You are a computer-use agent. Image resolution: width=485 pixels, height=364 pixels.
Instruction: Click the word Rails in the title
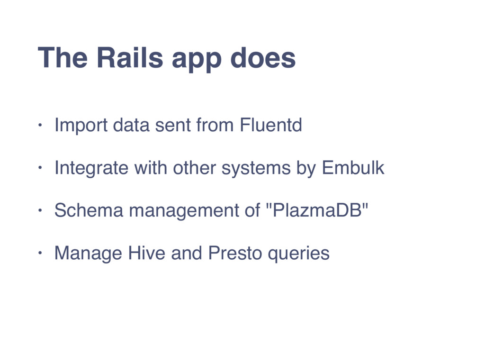click(x=130, y=57)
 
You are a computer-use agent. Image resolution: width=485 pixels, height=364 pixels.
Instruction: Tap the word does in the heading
click(x=263, y=57)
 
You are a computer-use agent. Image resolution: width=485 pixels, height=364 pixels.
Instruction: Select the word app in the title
click(x=197, y=60)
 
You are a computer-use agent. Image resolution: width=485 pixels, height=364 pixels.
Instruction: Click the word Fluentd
click(x=271, y=125)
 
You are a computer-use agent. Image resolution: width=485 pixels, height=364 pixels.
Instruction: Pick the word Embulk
click(x=353, y=167)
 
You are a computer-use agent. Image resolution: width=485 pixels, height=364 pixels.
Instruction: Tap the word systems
click(x=256, y=169)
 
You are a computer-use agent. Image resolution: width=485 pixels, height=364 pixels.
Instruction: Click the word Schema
click(x=89, y=210)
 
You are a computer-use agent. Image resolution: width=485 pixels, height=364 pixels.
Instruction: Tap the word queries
click(x=298, y=255)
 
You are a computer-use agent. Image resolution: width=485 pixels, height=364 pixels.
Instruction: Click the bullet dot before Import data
click(x=40, y=125)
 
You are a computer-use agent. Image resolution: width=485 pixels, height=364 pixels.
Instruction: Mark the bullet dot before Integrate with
click(x=40, y=168)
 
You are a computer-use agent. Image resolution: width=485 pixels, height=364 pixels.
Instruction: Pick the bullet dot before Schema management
click(x=40, y=210)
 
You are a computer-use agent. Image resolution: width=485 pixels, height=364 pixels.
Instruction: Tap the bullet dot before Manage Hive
click(x=40, y=253)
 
